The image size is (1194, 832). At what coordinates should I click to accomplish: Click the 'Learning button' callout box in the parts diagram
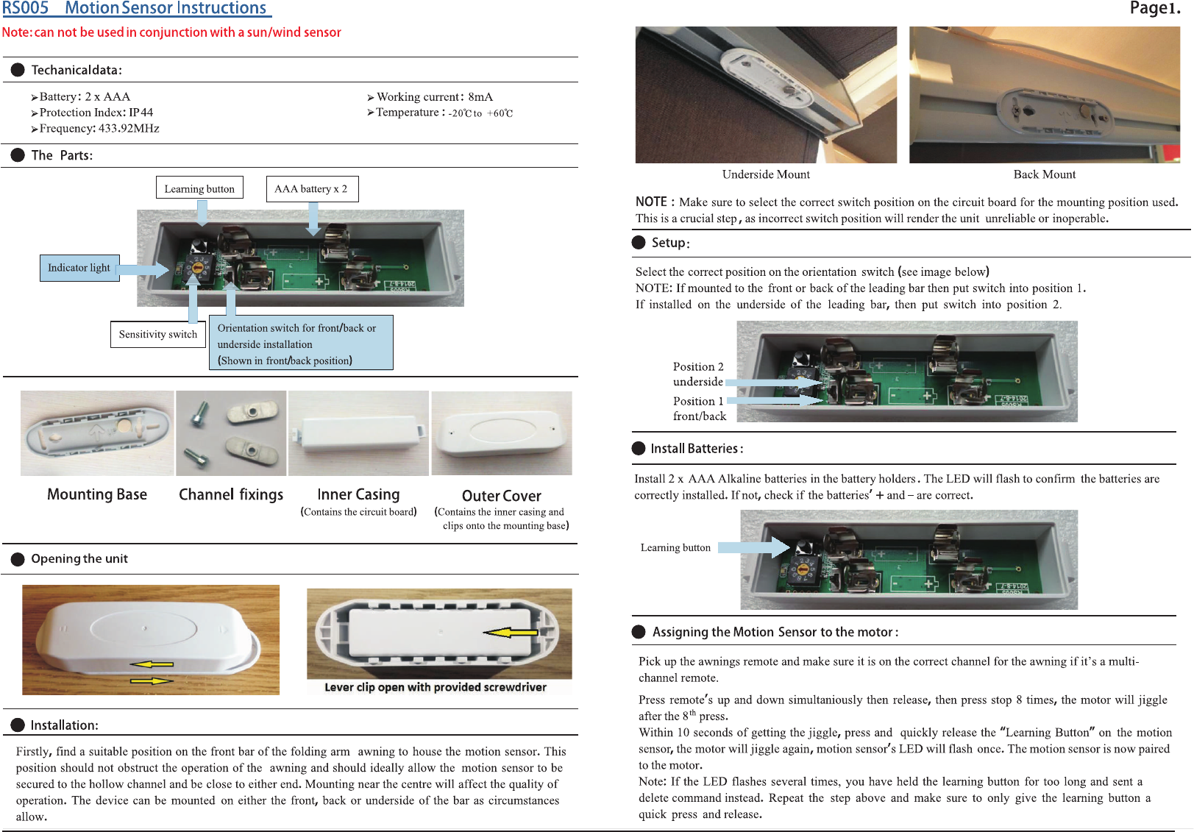click(x=199, y=188)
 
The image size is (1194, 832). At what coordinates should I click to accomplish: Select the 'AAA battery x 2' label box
click(x=311, y=188)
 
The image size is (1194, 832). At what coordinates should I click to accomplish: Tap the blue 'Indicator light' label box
click(x=79, y=268)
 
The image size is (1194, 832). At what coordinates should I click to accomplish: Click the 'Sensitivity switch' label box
click(x=158, y=334)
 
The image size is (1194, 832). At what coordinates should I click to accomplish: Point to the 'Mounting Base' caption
click(x=97, y=494)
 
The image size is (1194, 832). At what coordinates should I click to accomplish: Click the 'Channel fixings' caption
click(x=231, y=494)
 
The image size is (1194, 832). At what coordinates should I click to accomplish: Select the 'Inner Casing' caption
click(x=358, y=494)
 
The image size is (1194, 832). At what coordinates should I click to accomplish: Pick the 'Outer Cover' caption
click(x=501, y=496)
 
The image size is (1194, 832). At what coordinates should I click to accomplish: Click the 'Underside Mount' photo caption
click(x=766, y=174)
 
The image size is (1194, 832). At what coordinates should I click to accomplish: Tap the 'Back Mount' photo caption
click(x=1044, y=174)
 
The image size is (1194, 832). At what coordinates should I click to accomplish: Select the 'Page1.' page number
click(x=1154, y=9)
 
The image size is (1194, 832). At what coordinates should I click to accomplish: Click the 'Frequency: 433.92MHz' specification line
click(x=99, y=129)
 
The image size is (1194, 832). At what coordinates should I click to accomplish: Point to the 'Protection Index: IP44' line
click(x=96, y=113)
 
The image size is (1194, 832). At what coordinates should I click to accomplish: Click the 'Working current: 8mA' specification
click(x=434, y=97)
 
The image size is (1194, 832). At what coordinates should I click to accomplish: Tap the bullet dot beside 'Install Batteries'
click(x=639, y=449)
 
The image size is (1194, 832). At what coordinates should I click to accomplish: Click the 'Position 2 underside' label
click(x=698, y=374)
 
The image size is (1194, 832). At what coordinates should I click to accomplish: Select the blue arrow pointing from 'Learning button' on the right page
click(x=753, y=547)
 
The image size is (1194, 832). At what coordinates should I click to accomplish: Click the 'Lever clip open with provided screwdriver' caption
click(x=436, y=687)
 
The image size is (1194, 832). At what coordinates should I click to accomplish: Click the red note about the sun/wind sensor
click(x=171, y=32)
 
